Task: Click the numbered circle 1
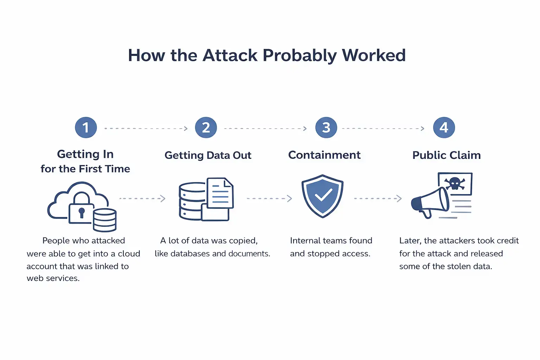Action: pos(86,128)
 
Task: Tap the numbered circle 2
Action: pos(206,128)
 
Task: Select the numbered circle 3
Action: pos(326,128)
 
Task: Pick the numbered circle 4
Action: pos(444,128)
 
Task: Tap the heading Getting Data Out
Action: pos(208,155)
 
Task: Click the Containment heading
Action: pos(324,155)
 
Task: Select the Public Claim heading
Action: pos(446,155)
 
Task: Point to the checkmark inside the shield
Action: pos(323,194)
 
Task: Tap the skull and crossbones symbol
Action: pos(455,183)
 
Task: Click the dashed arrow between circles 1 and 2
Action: pos(146,129)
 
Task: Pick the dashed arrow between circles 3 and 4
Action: pos(383,129)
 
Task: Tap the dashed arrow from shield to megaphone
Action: pos(378,199)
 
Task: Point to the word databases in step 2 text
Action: pos(190,254)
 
